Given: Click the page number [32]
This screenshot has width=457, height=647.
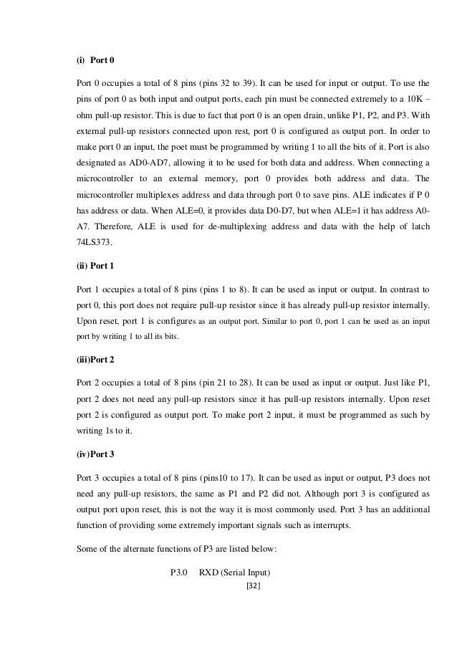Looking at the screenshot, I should (251, 585).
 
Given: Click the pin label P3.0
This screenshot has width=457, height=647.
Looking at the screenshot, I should (178, 572).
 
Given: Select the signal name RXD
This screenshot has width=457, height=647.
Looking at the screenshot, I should (211, 572).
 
